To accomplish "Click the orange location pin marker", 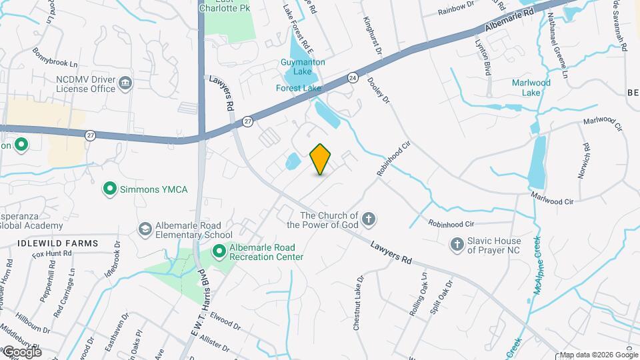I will (x=321, y=159).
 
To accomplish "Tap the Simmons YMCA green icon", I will (x=110, y=189).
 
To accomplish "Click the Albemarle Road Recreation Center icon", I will (x=219, y=251).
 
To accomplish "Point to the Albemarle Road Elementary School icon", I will (x=144, y=229).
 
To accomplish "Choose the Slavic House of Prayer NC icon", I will (x=457, y=245).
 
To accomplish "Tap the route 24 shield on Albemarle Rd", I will (x=352, y=79).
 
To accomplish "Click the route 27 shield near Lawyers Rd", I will (x=248, y=121).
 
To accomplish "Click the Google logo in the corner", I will (x=21, y=351).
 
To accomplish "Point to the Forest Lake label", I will (x=299, y=88).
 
